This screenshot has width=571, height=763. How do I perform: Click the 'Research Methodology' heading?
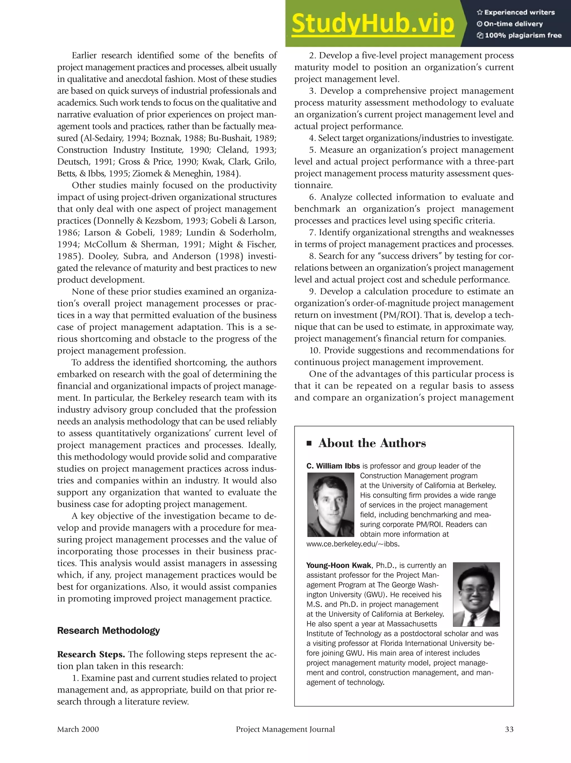tap(108, 630)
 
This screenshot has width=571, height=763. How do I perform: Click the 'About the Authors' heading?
tap(372, 443)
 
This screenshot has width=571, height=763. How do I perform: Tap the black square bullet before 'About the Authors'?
tap(309, 444)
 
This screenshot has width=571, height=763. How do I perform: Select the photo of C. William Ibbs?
tap(331, 505)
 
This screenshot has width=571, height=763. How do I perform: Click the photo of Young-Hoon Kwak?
tap(476, 594)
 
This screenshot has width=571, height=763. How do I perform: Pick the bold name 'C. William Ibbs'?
tap(333, 466)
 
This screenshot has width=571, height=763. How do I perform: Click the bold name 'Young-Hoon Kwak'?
tap(338, 565)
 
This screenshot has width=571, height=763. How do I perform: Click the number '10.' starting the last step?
tap(315, 350)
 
